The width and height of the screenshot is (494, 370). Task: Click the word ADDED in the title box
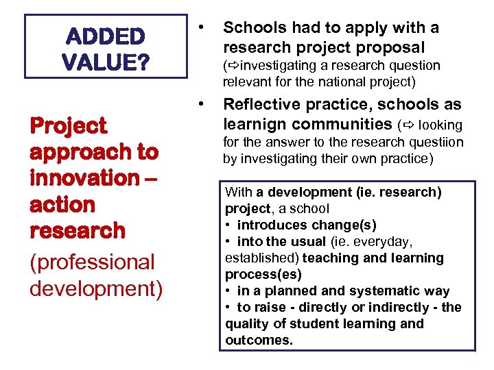[106, 36]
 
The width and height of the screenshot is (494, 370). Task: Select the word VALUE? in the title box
[106, 62]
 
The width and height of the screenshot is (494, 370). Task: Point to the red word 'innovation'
[84, 178]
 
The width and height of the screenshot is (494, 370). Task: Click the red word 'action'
[62, 204]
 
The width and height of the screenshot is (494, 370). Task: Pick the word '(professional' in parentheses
[93, 262]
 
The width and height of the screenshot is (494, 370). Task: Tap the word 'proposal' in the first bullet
[390, 47]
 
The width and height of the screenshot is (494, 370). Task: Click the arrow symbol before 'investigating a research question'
[232, 66]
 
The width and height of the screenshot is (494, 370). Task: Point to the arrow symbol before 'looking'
[408, 125]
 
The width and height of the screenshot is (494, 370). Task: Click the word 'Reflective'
[266, 105]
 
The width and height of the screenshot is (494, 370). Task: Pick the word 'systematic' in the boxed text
[397, 291]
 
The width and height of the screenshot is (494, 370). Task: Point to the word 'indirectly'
[384, 307]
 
